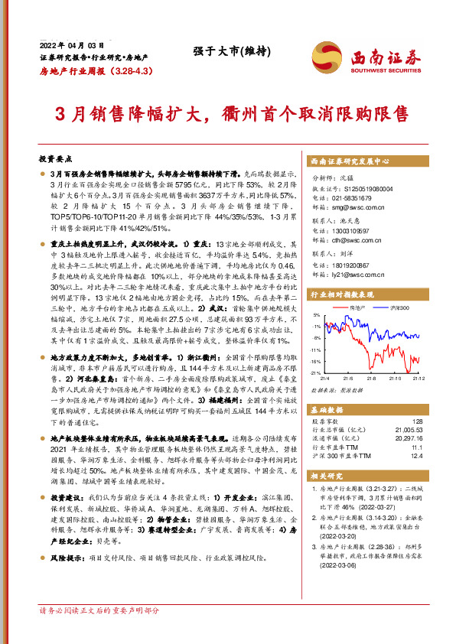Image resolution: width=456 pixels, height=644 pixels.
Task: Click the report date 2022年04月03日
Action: [x=68, y=44]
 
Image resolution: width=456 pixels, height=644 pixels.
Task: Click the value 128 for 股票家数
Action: [x=416, y=421]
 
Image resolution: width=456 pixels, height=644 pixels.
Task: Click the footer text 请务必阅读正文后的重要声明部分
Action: [x=99, y=611]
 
